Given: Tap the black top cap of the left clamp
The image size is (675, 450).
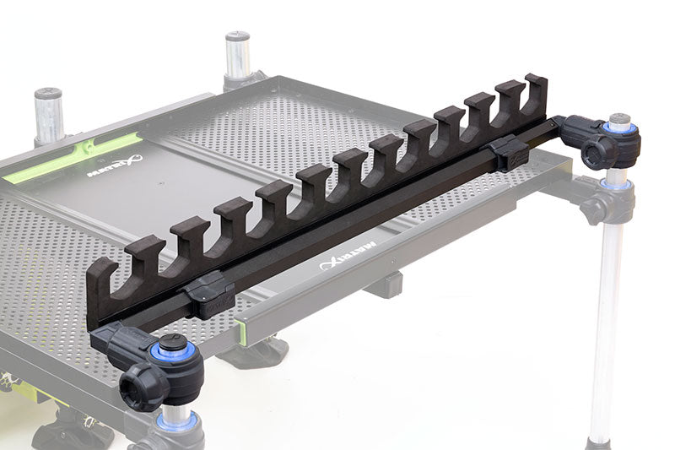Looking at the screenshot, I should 172,344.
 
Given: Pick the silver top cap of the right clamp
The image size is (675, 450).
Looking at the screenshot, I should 620,120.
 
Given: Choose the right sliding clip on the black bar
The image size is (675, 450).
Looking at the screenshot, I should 509,153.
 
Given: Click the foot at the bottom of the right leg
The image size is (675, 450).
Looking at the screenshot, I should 599,442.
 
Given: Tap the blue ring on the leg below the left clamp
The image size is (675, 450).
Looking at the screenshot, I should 177,419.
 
